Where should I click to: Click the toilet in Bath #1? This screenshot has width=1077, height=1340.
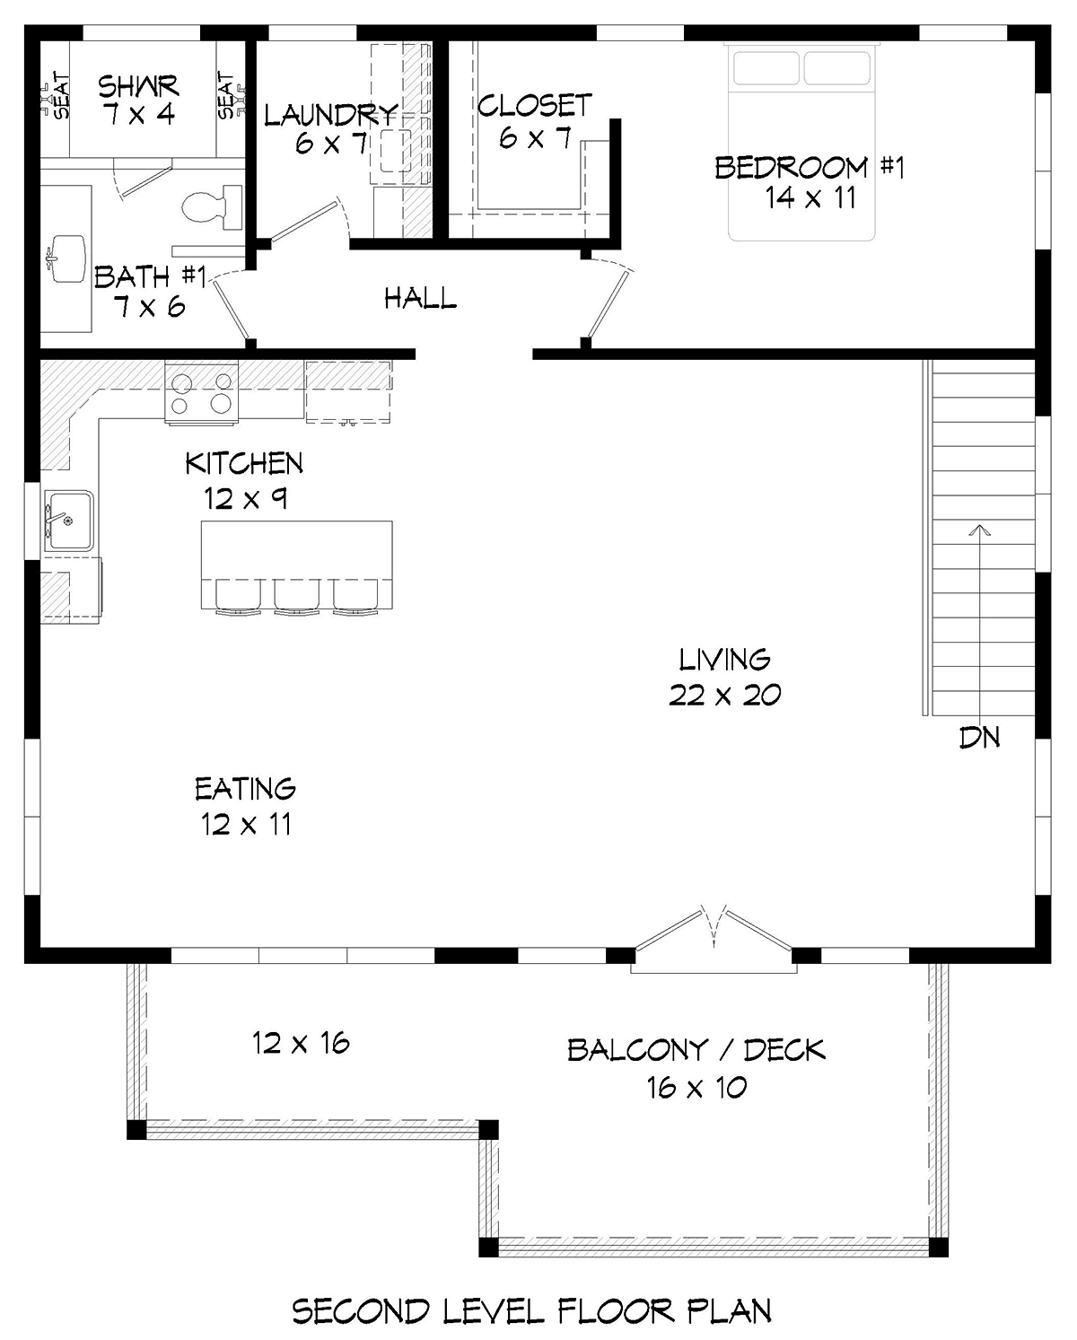[212, 207]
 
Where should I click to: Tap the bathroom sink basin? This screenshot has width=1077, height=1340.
[67, 258]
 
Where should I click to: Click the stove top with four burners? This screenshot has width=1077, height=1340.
[201, 392]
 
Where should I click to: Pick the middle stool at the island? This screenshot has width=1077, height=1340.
[297, 597]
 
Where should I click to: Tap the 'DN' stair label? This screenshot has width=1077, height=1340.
[979, 737]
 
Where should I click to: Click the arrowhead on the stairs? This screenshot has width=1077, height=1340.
[980, 530]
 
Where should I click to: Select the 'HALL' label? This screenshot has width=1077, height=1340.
[420, 298]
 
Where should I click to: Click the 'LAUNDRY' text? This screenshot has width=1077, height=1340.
[331, 115]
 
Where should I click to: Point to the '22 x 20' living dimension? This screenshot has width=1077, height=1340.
[724, 696]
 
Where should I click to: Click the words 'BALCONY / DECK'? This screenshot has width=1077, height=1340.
[696, 1050]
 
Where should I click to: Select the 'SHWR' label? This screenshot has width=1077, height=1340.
[138, 86]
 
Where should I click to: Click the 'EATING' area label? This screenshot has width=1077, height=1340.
[245, 789]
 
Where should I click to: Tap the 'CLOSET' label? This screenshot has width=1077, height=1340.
[534, 105]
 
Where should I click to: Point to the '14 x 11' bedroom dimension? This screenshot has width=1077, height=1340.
[810, 198]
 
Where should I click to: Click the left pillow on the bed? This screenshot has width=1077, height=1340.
[766, 68]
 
